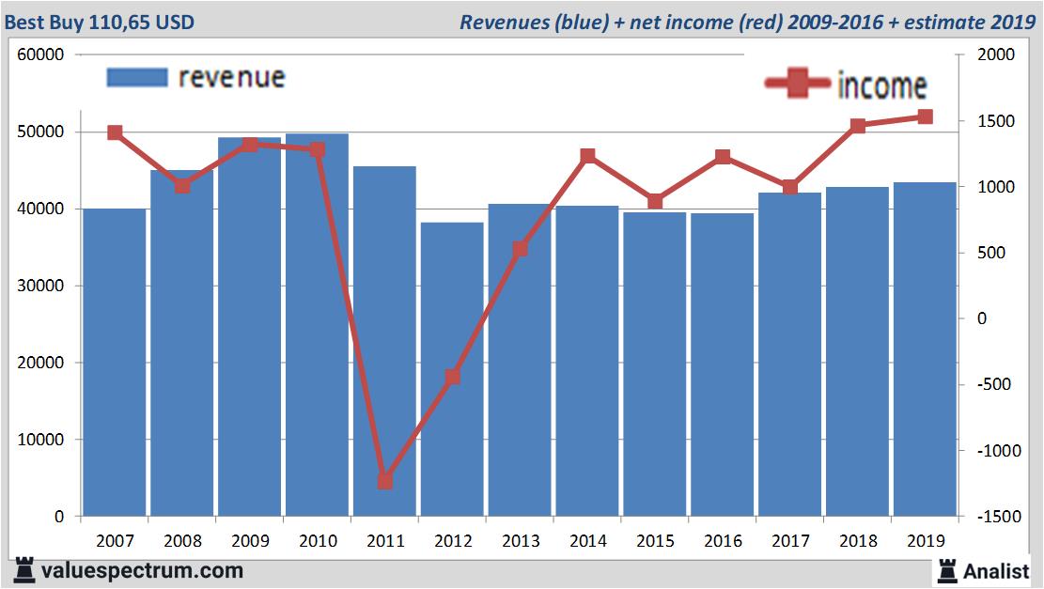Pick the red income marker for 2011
[x=384, y=481]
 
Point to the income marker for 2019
[x=925, y=116]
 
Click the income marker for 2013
[x=520, y=249]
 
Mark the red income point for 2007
[x=115, y=132]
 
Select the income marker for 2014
[x=587, y=156]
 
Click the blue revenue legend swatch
[x=136, y=77]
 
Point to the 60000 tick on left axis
[x=40, y=54]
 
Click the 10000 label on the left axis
[x=40, y=440]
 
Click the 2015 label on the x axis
[x=655, y=541]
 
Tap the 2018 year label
[x=858, y=541]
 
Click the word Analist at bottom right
[x=996, y=570]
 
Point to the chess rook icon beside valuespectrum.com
[x=23, y=569]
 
